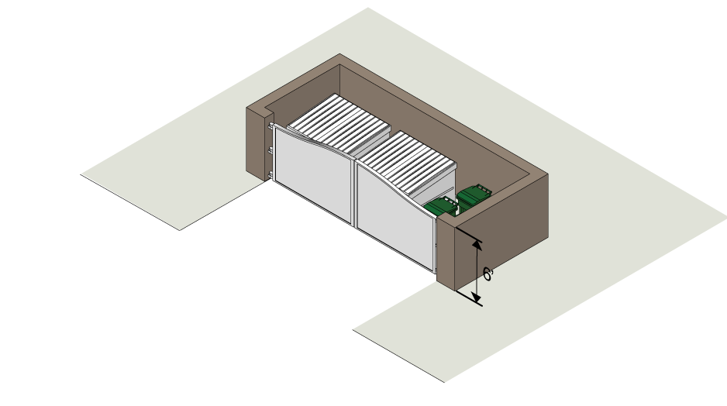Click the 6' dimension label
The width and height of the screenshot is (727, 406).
[x=488, y=274]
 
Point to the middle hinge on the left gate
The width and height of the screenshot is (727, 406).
[x=270, y=149]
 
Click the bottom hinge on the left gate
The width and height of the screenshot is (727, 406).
[x=270, y=173]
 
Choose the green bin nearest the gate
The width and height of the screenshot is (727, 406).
[x=443, y=207]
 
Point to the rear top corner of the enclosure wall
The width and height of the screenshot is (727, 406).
[x=340, y=56]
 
